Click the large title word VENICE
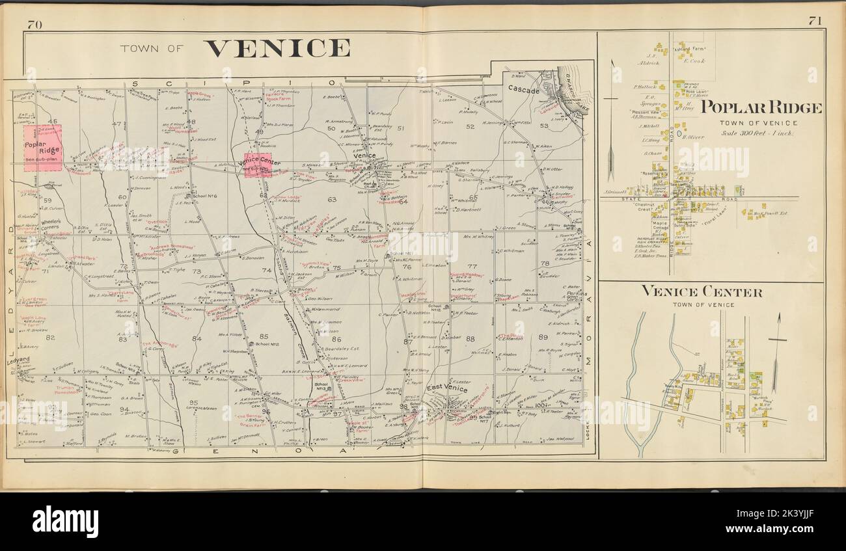pos(277,48)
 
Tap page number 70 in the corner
pos(35,25)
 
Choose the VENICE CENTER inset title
pos(702,292)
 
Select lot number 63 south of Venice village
pos(331,200)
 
